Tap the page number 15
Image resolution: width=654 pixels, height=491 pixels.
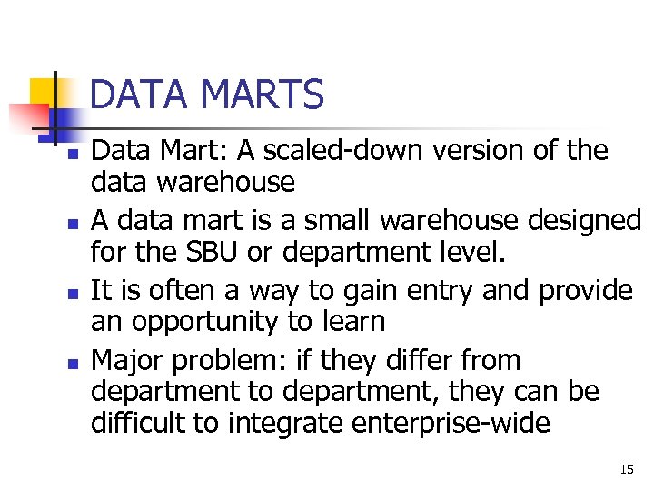[626, 469]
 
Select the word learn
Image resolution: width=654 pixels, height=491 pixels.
[353, 322]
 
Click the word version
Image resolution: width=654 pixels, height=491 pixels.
[475, 151]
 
